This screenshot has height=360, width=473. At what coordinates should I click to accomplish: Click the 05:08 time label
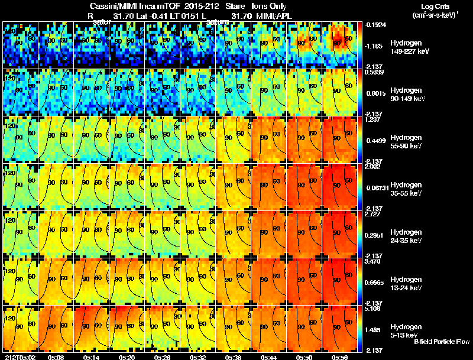(x=56, y=357)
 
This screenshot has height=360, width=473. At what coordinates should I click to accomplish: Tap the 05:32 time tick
(x=198, y=357)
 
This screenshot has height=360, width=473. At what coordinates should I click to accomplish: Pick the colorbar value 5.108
(x=376, y=308)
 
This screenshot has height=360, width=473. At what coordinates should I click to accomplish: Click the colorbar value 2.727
(x=376, y=213)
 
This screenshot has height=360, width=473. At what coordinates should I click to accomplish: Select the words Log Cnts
(x=438, y=6)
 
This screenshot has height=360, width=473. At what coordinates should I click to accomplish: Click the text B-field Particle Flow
(x=442, y=342)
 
